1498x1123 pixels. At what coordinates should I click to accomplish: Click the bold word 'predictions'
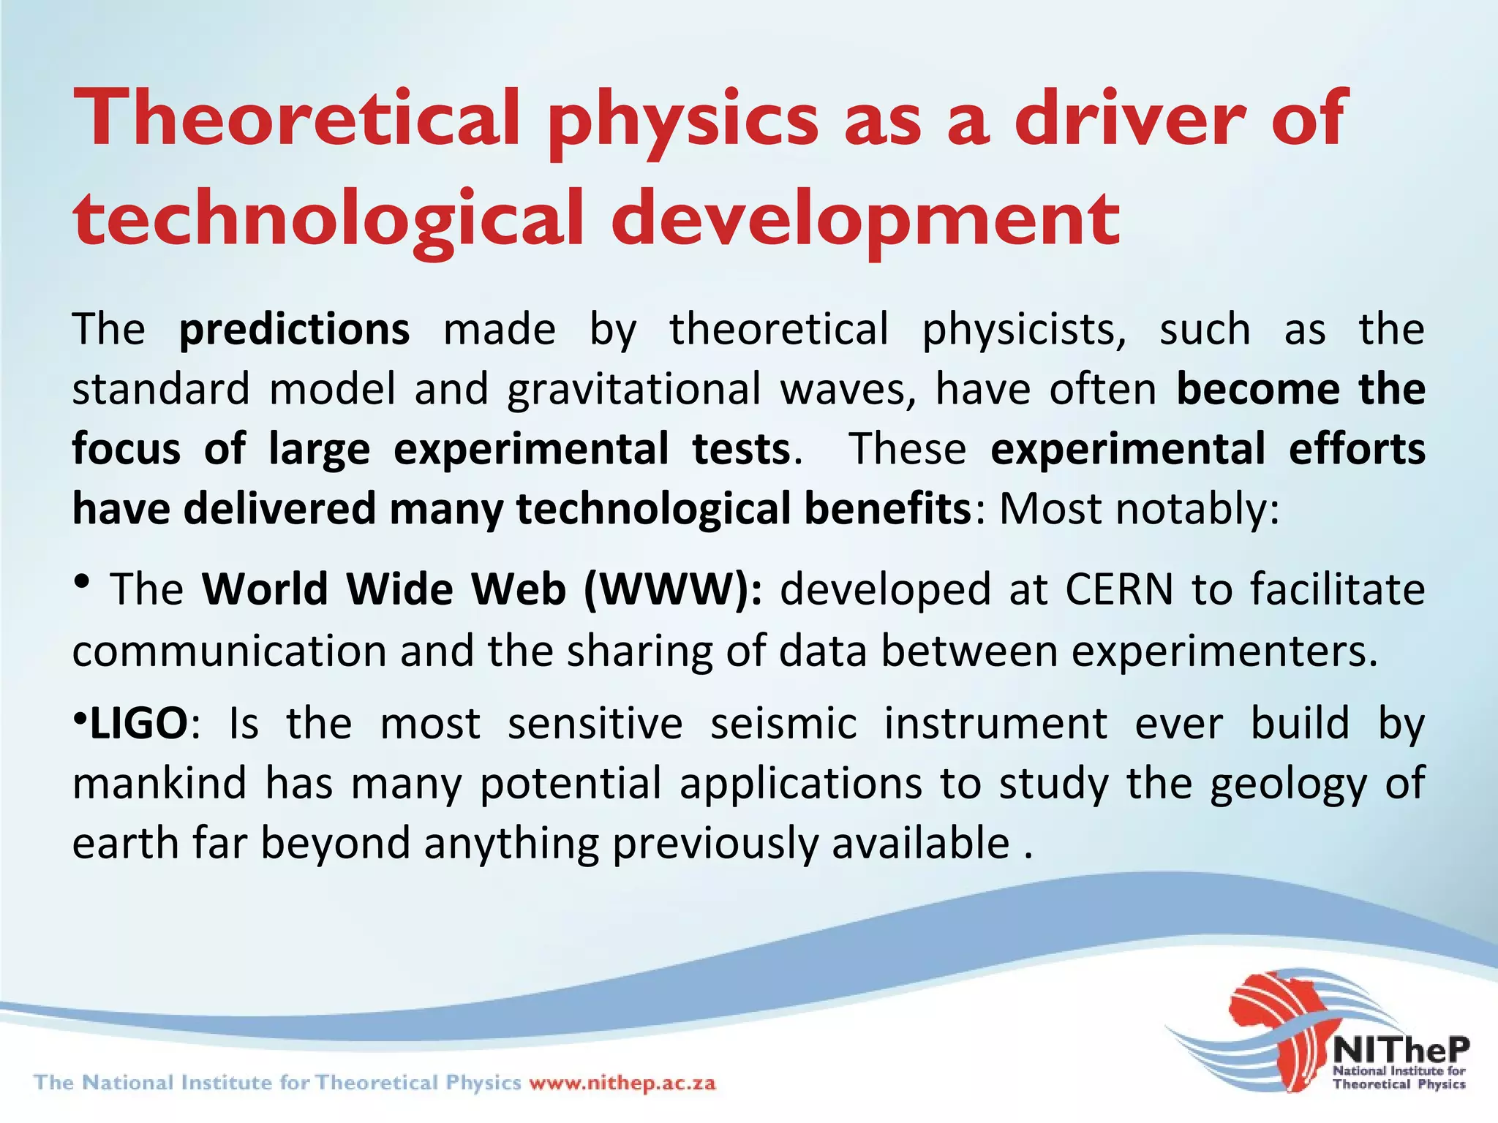click(294, 330)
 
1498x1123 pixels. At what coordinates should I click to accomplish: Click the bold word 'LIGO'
click(138, 724)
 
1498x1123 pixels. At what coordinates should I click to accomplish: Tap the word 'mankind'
click(159, 783)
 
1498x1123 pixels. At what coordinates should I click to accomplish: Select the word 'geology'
click(1287, 783)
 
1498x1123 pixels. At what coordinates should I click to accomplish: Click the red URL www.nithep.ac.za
click(622, 1083)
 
